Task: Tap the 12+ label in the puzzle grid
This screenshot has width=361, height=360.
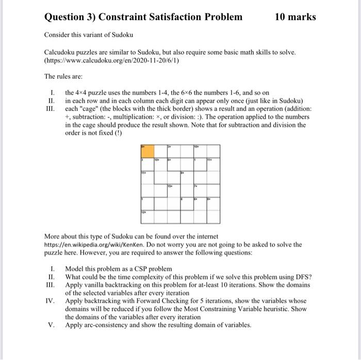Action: coord(143,212)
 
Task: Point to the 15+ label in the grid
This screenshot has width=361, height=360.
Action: coord(170,185)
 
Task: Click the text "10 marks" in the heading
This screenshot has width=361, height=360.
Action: coord(295,17)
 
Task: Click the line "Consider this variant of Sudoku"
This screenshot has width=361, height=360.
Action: coord(88,35)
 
